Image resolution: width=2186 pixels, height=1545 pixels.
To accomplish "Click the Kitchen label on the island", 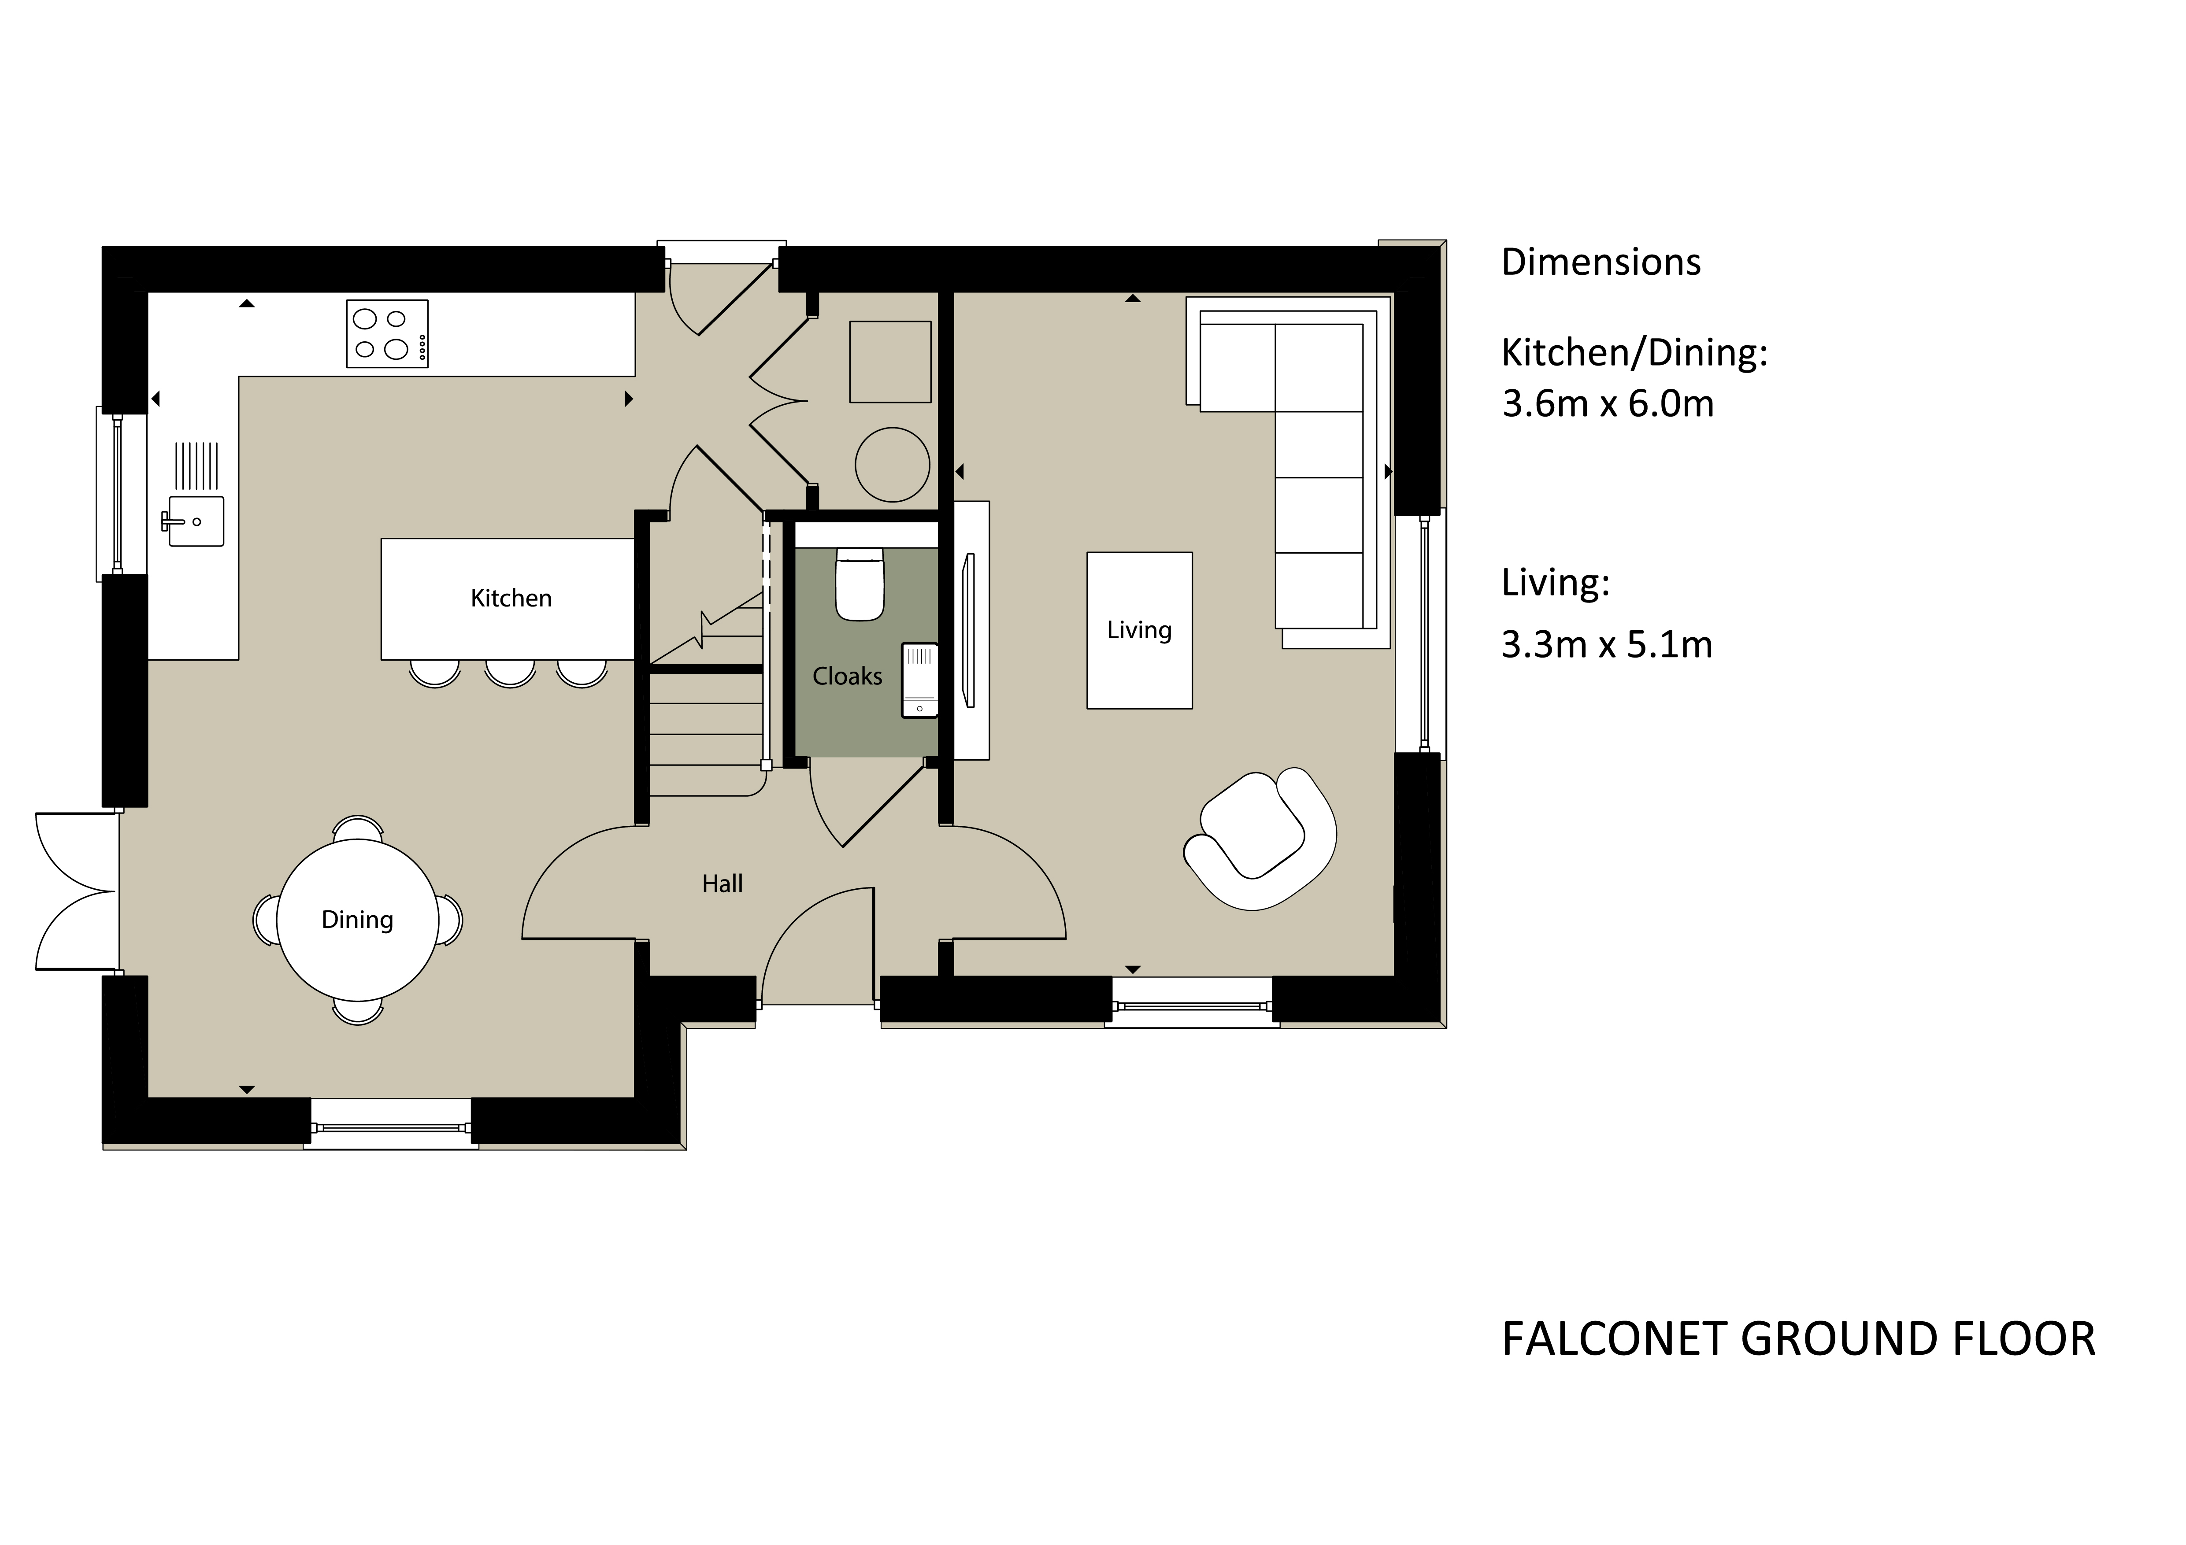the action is tap(511, 598).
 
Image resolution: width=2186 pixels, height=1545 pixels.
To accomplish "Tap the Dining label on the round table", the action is tap(357, 920).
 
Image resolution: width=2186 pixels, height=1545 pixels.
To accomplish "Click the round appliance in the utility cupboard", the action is tap(892, 465).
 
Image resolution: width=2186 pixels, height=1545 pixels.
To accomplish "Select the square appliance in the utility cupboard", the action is tap(890, 362).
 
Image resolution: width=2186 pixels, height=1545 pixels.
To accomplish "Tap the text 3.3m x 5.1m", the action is tap(1607, 644).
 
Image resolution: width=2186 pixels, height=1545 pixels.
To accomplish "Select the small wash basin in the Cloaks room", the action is tap(920, 680).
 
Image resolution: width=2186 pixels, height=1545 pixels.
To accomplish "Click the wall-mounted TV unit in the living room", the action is tap(971, 630).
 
